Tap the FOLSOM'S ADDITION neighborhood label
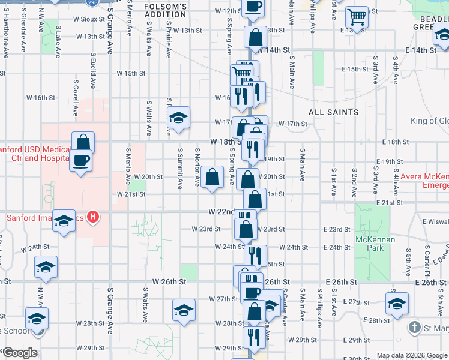(166, 11)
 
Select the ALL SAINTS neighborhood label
(334, 112)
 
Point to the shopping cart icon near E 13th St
(357, 18)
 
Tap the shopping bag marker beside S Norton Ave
(212, 177)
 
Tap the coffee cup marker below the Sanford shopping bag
(81, 161)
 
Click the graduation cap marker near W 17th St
(178, 119)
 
